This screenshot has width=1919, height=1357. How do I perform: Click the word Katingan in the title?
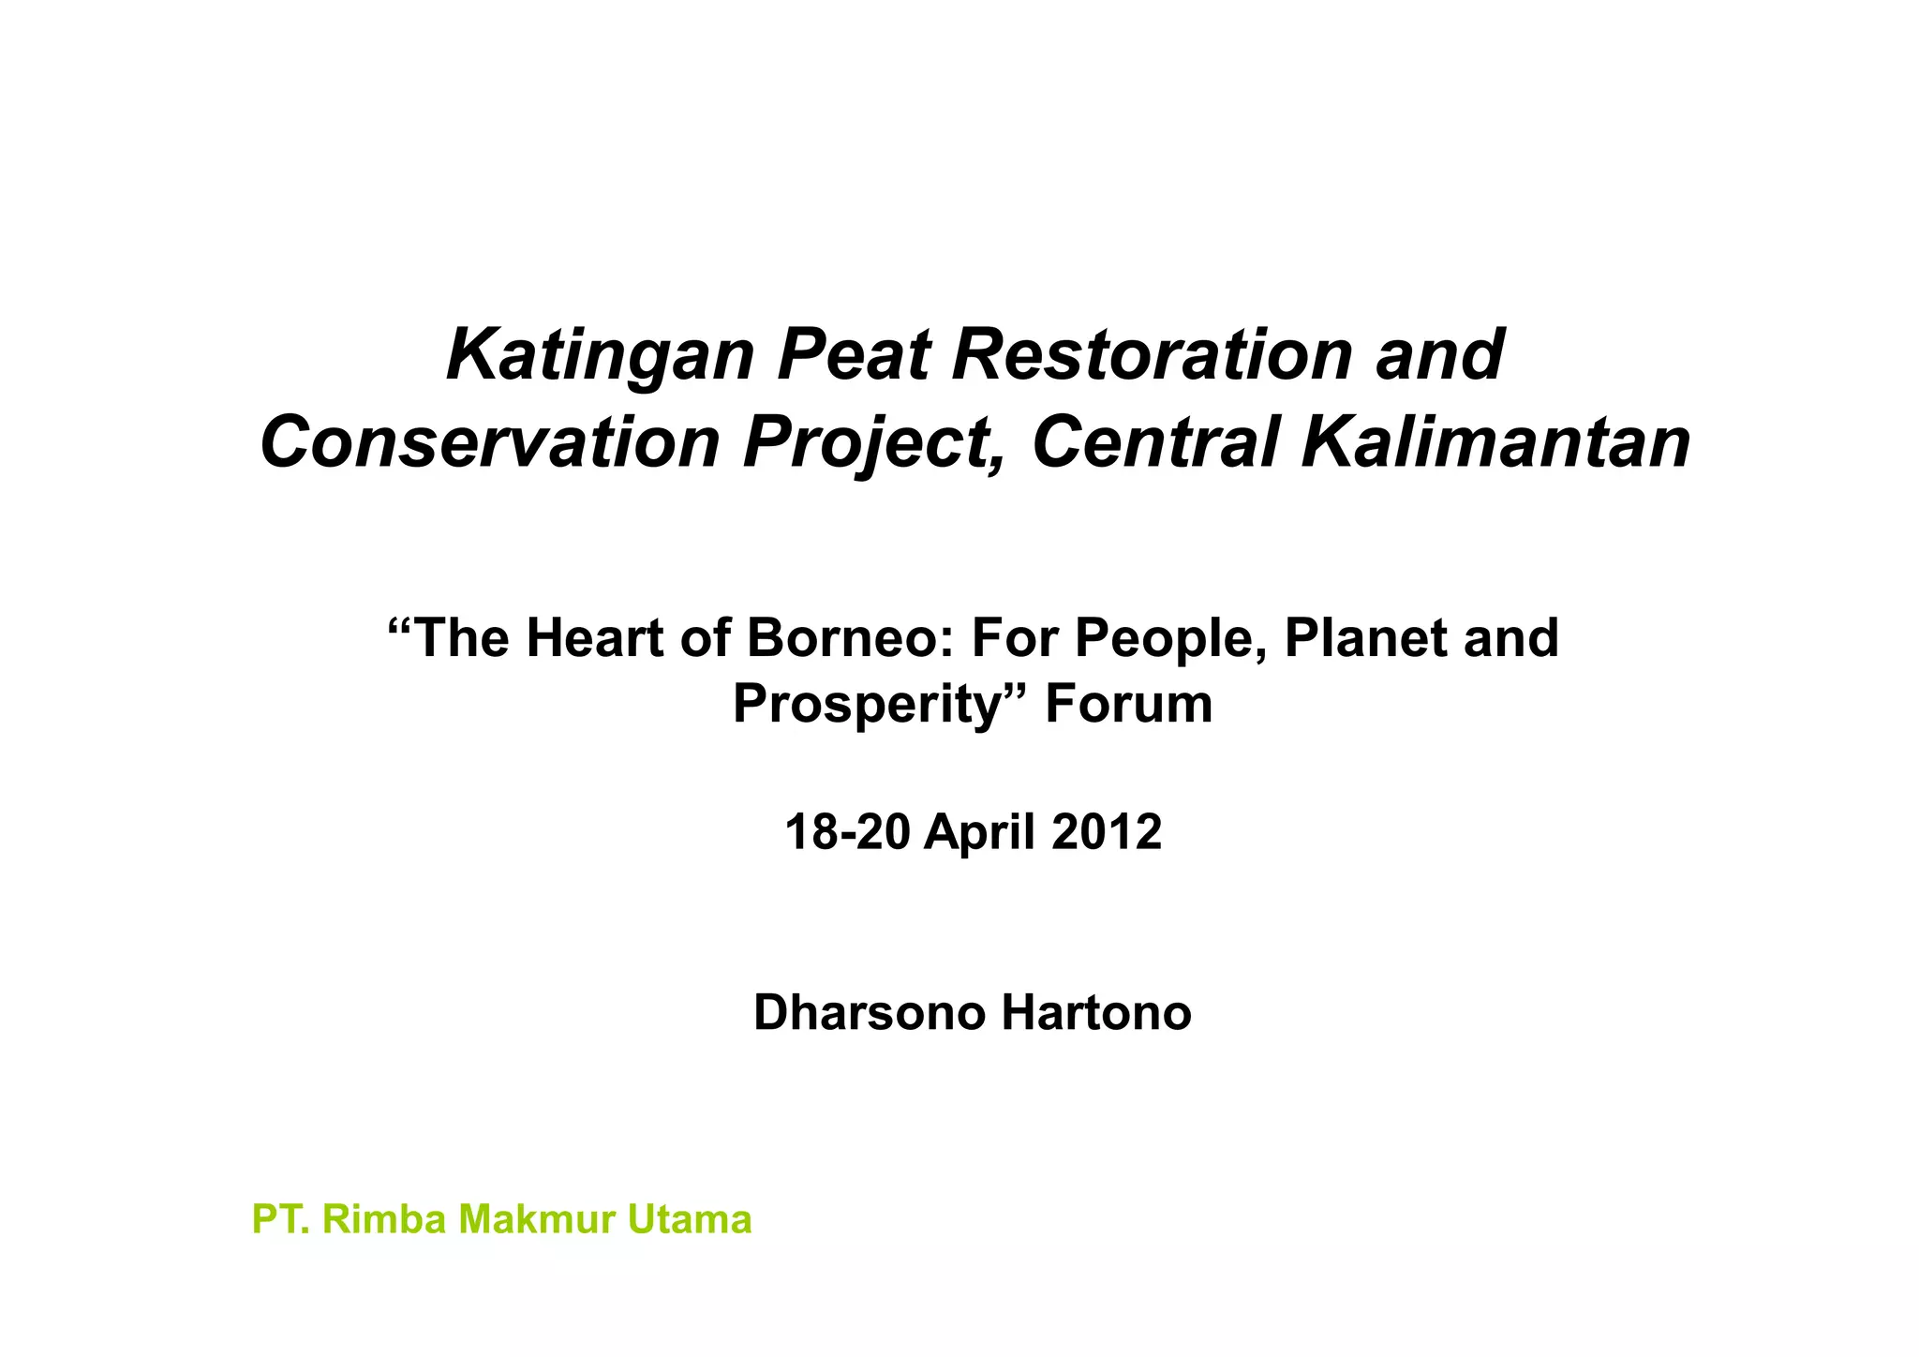601,356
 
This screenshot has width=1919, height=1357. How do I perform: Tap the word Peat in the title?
854,356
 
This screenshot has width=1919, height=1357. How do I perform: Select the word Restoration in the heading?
1152,356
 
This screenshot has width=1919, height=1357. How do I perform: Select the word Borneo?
850,638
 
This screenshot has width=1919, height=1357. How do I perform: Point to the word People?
1171,638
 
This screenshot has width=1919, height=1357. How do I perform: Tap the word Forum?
1128,704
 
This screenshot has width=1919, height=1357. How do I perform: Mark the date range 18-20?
847,832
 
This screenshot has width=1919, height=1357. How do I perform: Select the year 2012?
1107,832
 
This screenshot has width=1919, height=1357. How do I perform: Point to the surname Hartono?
1096,1013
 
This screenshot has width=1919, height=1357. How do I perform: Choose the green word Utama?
690,1219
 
